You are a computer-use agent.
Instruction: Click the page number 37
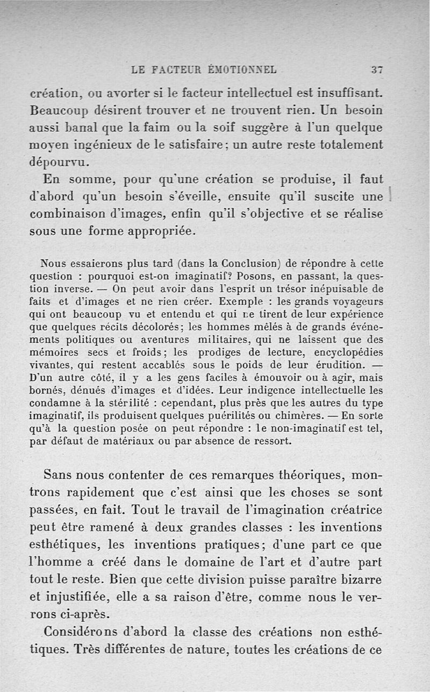[376, 69]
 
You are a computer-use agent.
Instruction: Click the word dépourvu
[60, 162]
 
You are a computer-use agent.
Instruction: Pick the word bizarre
[361, 580]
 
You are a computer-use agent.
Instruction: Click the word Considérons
[79, 632]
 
